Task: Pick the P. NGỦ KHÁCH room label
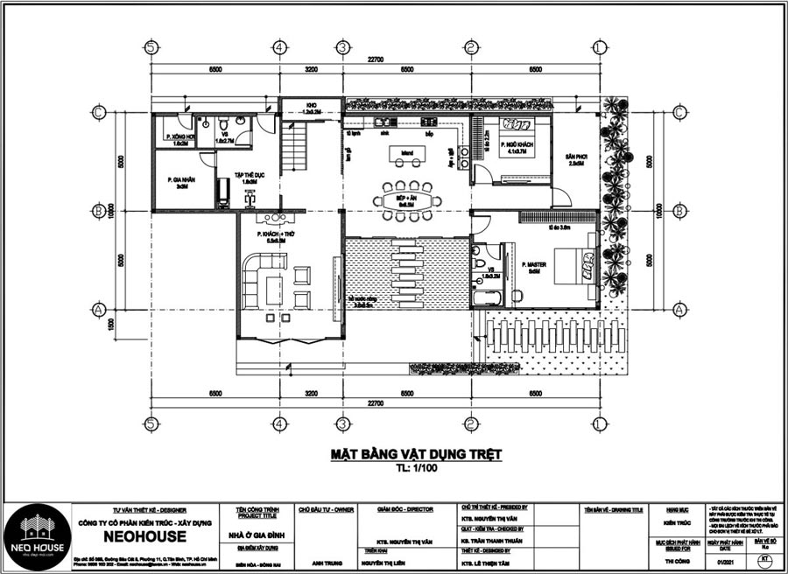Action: click(x=516, y=144)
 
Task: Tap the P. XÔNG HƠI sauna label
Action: click(x=175, y=138)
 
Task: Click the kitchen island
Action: click(x=408, y=155)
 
